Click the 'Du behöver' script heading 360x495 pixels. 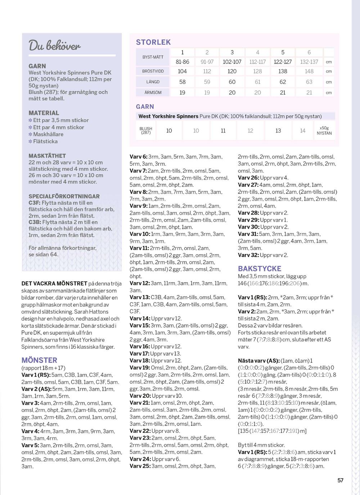(x=54, y=46)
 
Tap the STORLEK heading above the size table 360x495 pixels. (x=153, y=42)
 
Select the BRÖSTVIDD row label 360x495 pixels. (x=153, y=71)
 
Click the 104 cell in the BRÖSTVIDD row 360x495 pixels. (x=182, y=71)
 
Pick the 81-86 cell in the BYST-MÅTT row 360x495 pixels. (x=182, y=62)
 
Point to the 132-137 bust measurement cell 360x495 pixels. (x=309, y=62)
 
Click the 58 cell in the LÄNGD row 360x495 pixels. (x=182, y=82)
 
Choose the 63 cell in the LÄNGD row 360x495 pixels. (x=309, y=82)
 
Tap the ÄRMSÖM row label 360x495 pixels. (x=153, y=93)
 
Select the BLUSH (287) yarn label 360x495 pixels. (x=146, y=130)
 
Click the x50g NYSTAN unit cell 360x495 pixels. (x=324, y=130)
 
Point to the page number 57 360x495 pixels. (x=340, y=480)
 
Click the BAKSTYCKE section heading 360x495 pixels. (x=260, y=268)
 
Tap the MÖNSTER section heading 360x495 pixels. (x=39, y=360)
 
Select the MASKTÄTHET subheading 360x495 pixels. (x=47, y=156)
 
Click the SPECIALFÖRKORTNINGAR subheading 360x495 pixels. (x=64, y=196)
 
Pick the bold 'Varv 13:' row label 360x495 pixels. (x=140, y=298)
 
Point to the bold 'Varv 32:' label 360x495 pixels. (x=248, y=255)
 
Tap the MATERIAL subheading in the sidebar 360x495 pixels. (x=44, y=113)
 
